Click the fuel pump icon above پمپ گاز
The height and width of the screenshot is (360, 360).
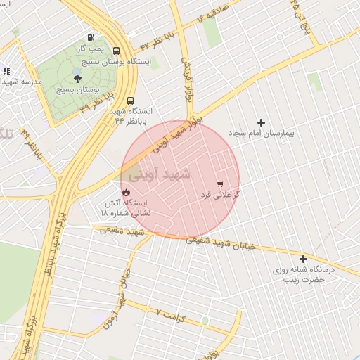(91, 37)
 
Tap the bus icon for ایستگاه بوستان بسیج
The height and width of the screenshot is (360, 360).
(116, 51)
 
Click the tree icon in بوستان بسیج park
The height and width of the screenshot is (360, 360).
(77, 79)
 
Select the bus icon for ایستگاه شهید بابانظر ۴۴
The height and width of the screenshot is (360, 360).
(131, 100)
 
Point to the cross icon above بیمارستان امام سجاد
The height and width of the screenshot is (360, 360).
(262, 122)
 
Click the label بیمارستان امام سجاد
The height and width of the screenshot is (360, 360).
(262, 133)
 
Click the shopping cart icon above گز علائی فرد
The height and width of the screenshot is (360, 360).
(221, 184)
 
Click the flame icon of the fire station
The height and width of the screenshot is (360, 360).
(125, 191)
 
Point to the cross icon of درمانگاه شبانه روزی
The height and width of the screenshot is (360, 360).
(304, 259)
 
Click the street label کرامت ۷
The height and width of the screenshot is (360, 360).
(170, 314)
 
